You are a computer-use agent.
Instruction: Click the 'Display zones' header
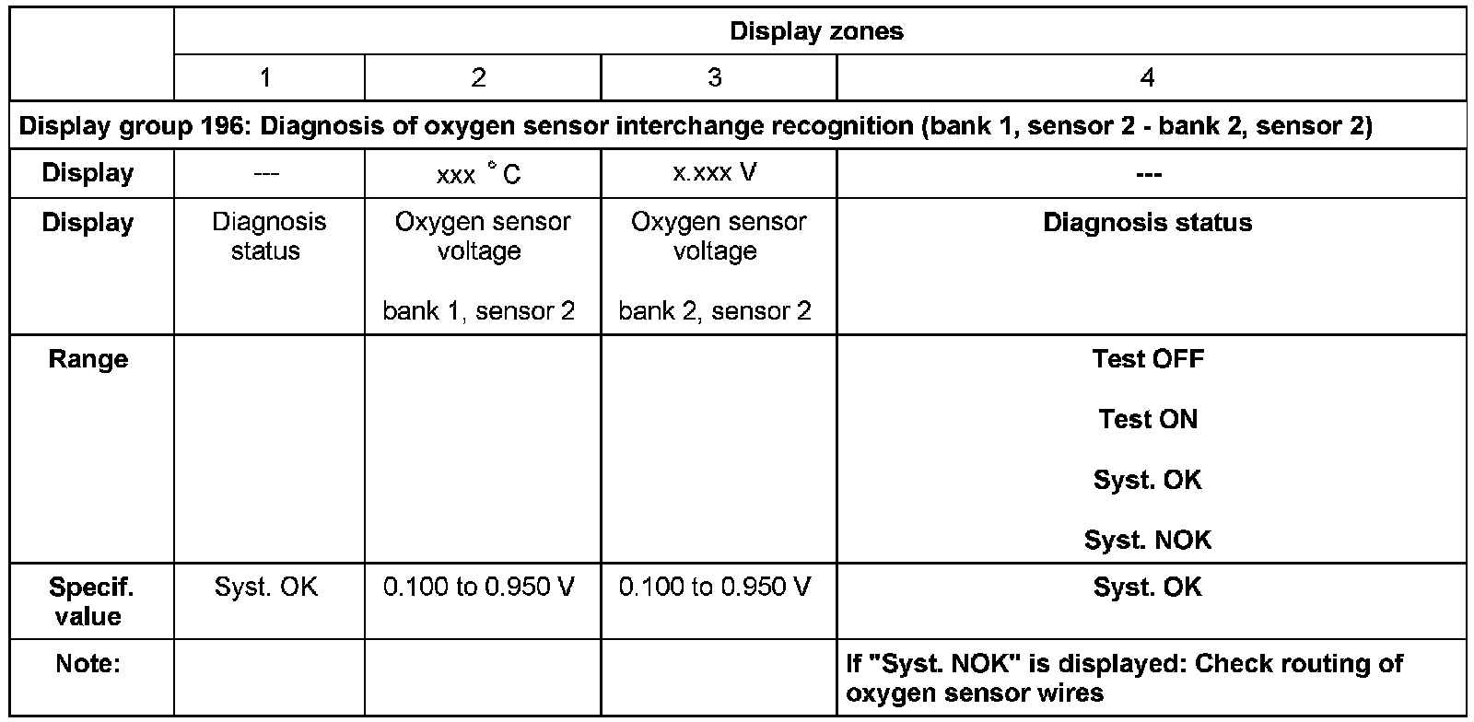coord(816,31)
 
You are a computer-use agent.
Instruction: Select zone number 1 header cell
coord(265,77)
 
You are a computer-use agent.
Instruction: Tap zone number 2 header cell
coord(478,77)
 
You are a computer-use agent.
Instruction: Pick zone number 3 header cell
coord(715,77)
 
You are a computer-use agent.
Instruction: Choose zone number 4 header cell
coord(1147,77)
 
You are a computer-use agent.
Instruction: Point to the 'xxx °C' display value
coord(478,174)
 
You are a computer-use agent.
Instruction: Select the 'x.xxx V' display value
coord(715,172)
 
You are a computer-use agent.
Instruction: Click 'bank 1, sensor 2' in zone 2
coord(479,311)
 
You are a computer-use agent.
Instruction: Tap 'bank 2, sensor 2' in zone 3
coord(715,311)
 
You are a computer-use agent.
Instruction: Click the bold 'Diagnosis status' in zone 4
coord(1147,222)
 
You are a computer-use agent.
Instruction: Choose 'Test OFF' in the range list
coord(1147,358)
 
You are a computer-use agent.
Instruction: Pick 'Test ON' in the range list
coord(1147,419)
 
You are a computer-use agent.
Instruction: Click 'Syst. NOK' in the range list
coord(1147,540)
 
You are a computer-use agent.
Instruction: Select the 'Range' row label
coord(88,359)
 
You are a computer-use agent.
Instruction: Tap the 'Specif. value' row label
coord(89,601)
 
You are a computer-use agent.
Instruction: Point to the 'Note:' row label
coord(88,663)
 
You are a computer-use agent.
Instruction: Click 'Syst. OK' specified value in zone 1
coord(265,588)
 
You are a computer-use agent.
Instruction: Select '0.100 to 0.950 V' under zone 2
coord(478,588)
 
